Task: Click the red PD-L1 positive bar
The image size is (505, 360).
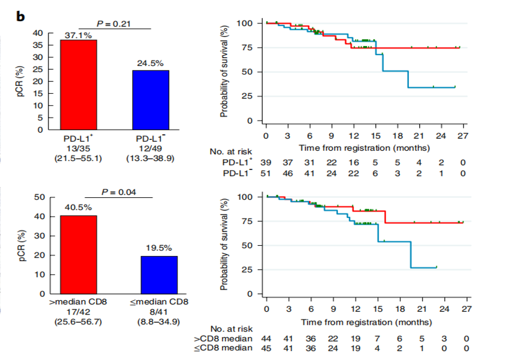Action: click(x=78, y=85)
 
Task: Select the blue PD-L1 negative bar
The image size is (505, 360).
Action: click(x=151, y=100)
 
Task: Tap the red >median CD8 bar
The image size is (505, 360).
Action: click(x=78, y=254)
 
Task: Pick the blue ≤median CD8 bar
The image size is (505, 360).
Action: click(x=159, y=275)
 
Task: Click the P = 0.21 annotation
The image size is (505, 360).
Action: click(x=114, y=24)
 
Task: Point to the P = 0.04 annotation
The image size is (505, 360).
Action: click(x=118, y=192)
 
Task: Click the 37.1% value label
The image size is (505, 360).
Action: click(x=78, y=35)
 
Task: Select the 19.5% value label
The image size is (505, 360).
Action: click(x=159, y=248)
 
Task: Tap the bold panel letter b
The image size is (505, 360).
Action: click(x=20, y=16)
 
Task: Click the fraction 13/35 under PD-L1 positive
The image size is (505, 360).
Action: click(x=78, y=149)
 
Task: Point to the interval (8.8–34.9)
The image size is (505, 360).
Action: click(x=159, y=322)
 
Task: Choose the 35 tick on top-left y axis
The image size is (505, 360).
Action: click(x=38, y=45)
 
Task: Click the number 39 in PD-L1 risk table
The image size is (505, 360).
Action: click(x=266, y=163)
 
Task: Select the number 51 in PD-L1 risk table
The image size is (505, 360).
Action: click(x=266, y=173)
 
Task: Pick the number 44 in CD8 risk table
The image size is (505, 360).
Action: click(x=266, y=339)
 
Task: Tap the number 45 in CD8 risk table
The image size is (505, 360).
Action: click(x=266, y=349)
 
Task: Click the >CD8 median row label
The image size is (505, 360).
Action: click(x=223, y=339)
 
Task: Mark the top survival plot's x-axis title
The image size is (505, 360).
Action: click(x=365, y=148)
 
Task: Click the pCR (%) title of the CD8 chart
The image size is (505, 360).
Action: click(x=22, y=245)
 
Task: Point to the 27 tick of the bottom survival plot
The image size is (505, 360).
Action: click(x=467, y=309)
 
